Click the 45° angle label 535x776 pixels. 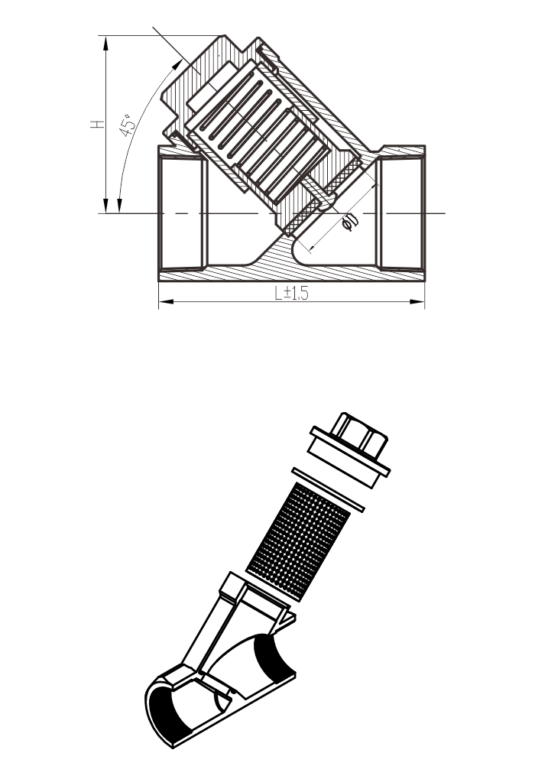[128, 125]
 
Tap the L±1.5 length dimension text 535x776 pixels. [291, 294]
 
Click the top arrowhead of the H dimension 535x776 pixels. [105, 43]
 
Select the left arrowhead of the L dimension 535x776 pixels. [167, 301]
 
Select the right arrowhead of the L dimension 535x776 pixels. [417, 301]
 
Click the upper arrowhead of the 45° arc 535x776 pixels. [177, 65]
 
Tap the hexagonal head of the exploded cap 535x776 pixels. [360, 434]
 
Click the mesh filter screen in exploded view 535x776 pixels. [298, 542]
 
